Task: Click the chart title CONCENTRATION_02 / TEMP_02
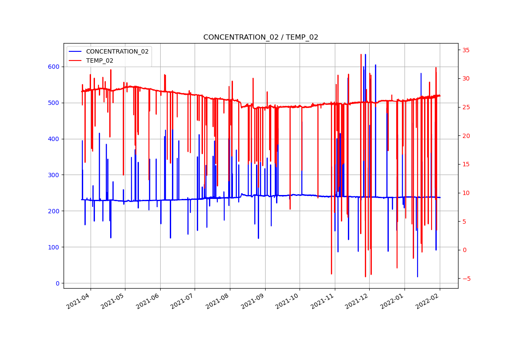pos(260,37)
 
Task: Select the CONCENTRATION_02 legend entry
pos(117,51)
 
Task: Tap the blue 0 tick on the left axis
pos(57,283)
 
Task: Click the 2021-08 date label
pos(219,301)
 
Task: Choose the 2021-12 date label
pos(358,301)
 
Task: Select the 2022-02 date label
pos(428,301)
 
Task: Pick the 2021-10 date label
pos(288,301)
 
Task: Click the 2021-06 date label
pos(149,301)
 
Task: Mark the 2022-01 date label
pos(393,301)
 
